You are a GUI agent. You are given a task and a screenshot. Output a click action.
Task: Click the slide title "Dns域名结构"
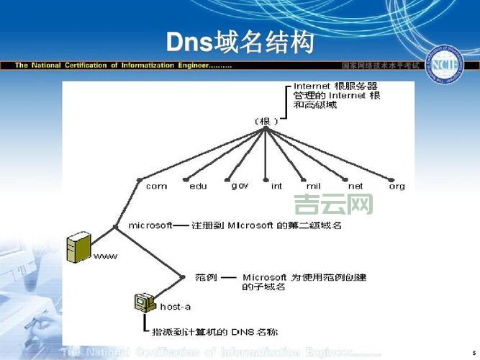[x=240, y=42]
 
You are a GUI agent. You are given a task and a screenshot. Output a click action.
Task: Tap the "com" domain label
[x=156, y=186]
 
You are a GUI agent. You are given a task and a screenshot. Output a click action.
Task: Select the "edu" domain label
[x=198, y=186]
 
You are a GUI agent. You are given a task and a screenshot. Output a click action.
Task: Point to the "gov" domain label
[x=240, y=185]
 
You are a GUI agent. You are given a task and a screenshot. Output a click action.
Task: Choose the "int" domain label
[x=276, y=186]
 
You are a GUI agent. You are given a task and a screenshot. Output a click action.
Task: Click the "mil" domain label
[x=313, y=186]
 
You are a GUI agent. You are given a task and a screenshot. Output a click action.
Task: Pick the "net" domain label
[x=356, y=186]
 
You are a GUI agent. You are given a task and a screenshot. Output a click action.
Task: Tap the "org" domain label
[x=397, y=186]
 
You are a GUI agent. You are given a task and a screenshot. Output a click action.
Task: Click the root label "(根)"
[x=266, y=121]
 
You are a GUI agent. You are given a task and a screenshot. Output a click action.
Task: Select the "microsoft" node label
[x=150, y=225]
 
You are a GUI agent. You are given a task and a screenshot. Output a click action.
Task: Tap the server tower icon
[x=78, y=247]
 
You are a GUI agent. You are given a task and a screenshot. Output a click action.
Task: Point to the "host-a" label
[x=176, y=307]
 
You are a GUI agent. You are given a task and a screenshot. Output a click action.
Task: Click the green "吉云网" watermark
[x=334, y=204]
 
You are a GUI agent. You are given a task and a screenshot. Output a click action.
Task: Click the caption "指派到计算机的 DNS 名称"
[x=214, y=332]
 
